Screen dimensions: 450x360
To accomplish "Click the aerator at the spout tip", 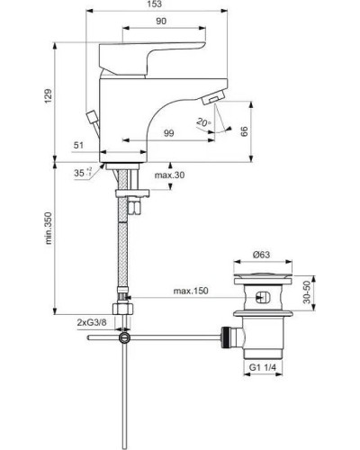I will (218, 99).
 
